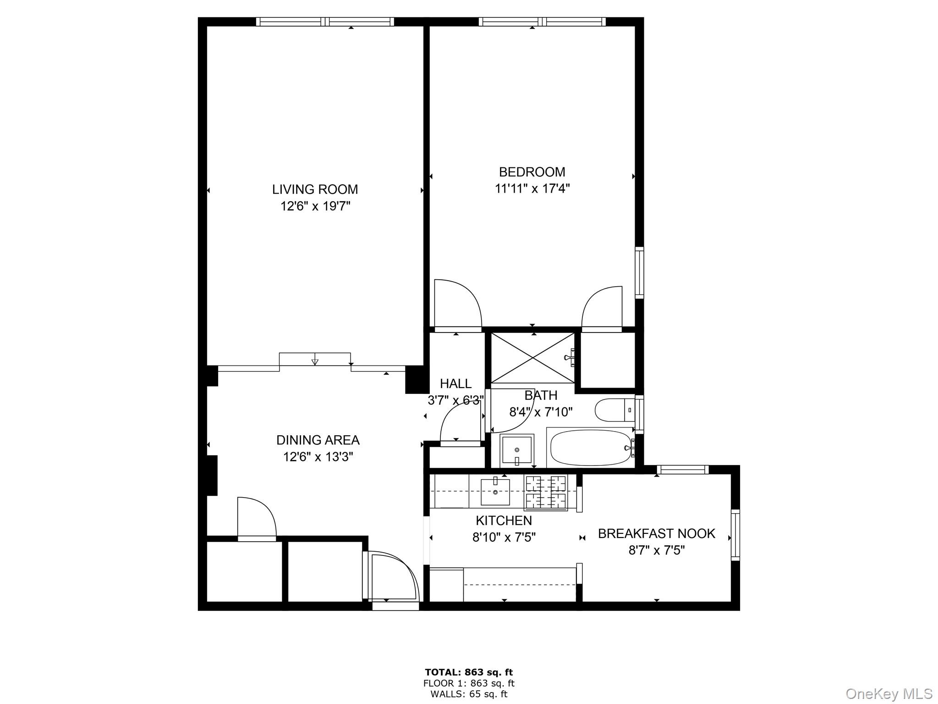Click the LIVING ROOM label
point(315,189)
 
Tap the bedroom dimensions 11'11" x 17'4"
point(532,188)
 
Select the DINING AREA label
point(318,440)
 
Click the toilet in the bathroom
point(614,410)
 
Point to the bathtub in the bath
point(589,448)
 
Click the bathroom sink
point(517,450)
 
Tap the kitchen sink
point(495,492)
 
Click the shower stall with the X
point(532,358)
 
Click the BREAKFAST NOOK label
point(656,533)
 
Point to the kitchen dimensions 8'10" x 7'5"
point(504,537)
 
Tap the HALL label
point(455,383)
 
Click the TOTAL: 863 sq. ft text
point(469,672)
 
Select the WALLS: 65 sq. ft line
point(469,694)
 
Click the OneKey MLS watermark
point(889,693)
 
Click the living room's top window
point(325,22)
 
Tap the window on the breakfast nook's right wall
point(735,534)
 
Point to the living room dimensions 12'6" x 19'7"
point(315,206)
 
